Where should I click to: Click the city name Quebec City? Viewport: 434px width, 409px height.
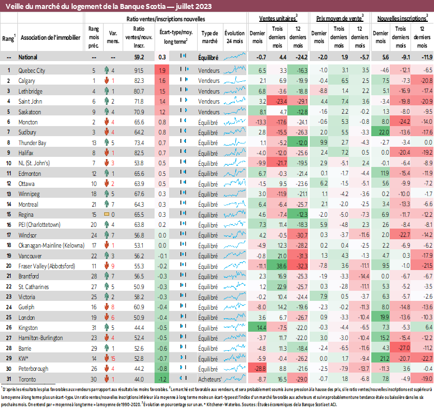click(x=32, y=71)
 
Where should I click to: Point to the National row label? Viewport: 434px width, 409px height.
click(x=29, y=57)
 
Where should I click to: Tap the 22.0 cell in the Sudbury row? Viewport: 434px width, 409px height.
click(x=383, y=132)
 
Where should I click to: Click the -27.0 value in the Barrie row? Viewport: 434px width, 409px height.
click(x=403, y=348)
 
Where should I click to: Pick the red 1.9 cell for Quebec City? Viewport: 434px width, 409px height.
click(x=162, y=71)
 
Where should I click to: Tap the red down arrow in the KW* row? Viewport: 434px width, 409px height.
click(x=105, y=359)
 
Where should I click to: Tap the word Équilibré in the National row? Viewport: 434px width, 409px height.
click(x=208, y=57)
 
